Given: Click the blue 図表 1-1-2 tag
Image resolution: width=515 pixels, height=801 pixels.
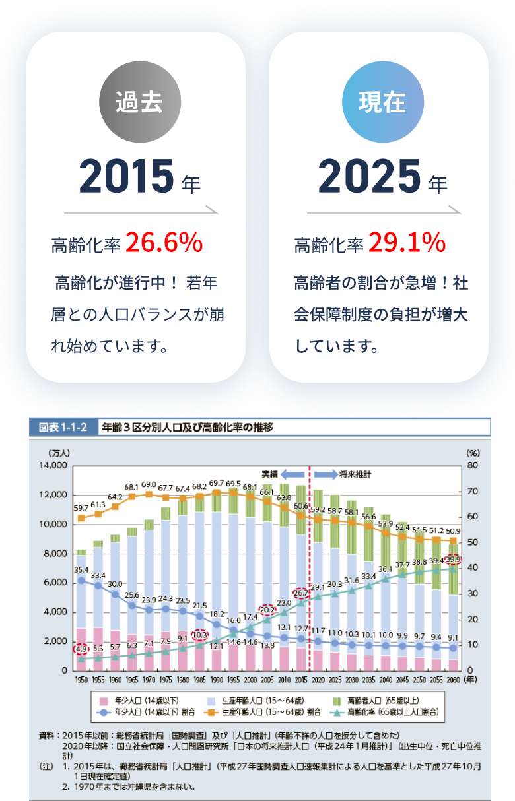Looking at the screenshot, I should tap(63, 428).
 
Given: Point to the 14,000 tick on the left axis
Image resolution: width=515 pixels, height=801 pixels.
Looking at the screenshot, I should tap(53, 465).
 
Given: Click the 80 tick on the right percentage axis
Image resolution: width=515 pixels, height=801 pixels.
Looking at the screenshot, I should tap(472, 465).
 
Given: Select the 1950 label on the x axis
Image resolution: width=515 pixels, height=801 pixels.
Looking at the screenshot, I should tap(81, 678).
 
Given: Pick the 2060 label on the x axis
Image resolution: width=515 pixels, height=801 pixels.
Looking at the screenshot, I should tap(453, 678).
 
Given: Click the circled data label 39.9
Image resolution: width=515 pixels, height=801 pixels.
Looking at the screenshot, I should tap(454, 560).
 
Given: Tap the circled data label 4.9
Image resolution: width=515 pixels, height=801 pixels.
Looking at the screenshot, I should tap(81, 648).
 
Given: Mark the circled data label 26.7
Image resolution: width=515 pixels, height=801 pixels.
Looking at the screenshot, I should tap(301, 593).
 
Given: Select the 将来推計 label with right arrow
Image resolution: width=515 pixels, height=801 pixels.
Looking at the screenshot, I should tap(343, 474).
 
